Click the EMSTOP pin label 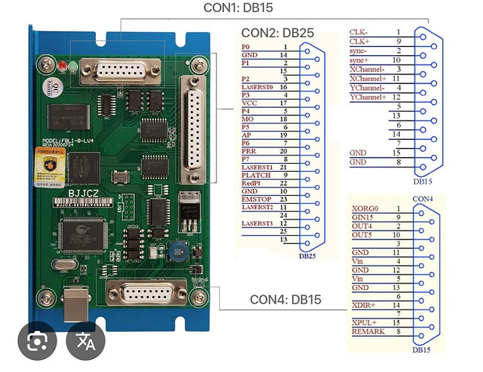tap(256, 198)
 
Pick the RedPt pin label tap(252, 182)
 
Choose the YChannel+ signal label tap(368, 97)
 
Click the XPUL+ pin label tap(366, 321)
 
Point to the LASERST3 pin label tap(259, 223)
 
